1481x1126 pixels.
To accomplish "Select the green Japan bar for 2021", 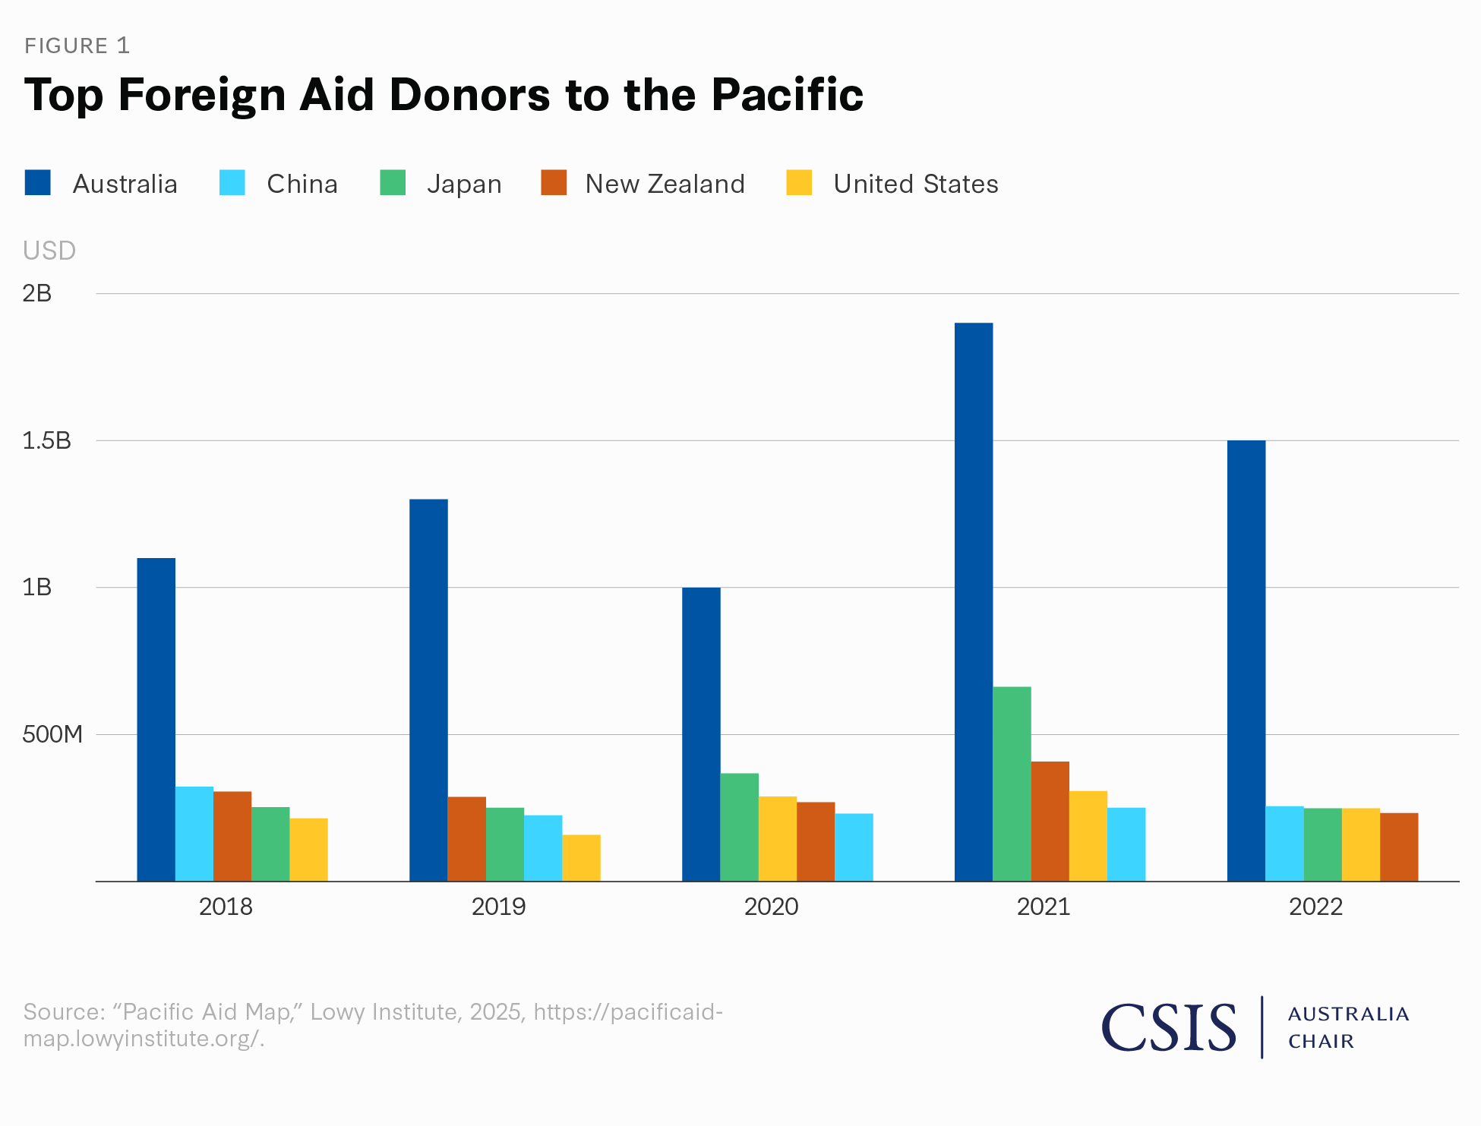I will click(x=1012, y=784).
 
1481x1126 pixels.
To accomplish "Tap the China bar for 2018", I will click(x=194, y=834).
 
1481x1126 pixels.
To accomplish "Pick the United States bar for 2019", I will click(x=581, y=858).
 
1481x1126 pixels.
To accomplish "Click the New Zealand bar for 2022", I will click(x=1399, y=847).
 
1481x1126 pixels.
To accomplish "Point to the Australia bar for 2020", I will click(x=701, y=734).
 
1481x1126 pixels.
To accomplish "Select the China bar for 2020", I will click(x=854, y=847).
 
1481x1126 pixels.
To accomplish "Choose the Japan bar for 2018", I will click(x=270, y=844).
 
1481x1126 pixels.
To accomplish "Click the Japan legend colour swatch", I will click(x=393, y=183).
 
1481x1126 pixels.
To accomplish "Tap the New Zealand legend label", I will click(x=665, y=184).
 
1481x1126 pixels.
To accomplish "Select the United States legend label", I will click(x=915, y=184).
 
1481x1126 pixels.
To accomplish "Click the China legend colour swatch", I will click(x=232, y=183).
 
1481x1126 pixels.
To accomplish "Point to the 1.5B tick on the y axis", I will click(x=46, y=440).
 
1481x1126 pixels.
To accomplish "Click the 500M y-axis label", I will click(x=52, y=734).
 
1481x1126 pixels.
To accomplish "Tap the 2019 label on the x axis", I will click(x=498, y=907).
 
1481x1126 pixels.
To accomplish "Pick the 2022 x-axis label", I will click(x=1315, y=907).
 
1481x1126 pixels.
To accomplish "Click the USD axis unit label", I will click(x=49, y=251).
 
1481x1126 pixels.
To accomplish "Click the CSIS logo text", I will click(x=1169, y=1027).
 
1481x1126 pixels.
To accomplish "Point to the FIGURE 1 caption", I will click(x=77, y=46).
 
